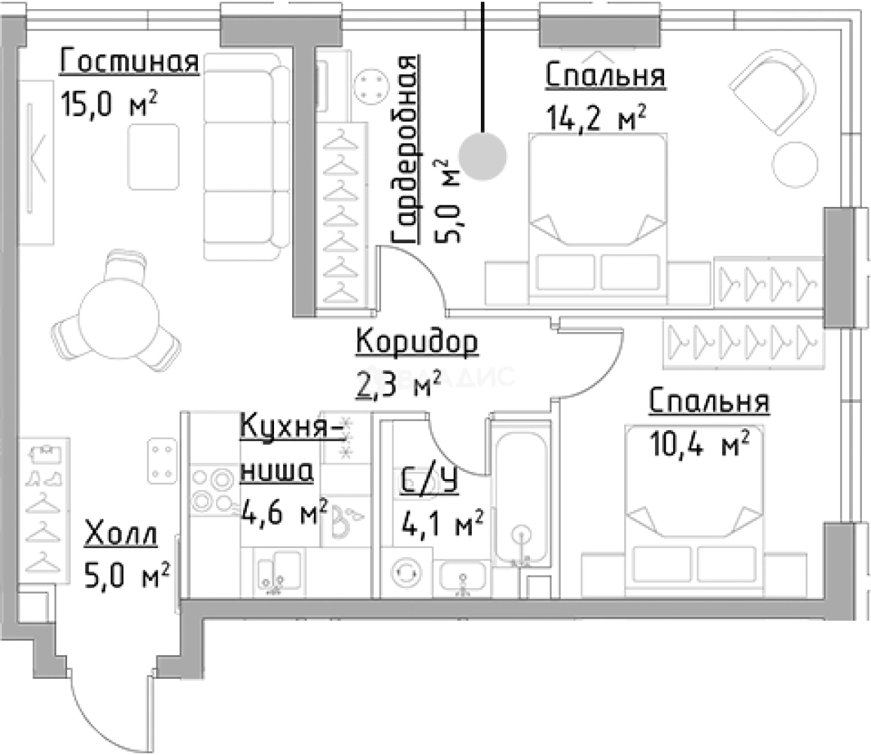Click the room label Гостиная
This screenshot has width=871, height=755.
(129, 62)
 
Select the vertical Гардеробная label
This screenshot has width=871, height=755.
(405, 150)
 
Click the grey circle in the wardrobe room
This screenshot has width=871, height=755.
(482, 156)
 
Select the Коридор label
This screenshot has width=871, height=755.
(417, 342)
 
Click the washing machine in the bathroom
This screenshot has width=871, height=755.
(406, 572)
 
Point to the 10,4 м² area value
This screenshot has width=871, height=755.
(700, 443)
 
